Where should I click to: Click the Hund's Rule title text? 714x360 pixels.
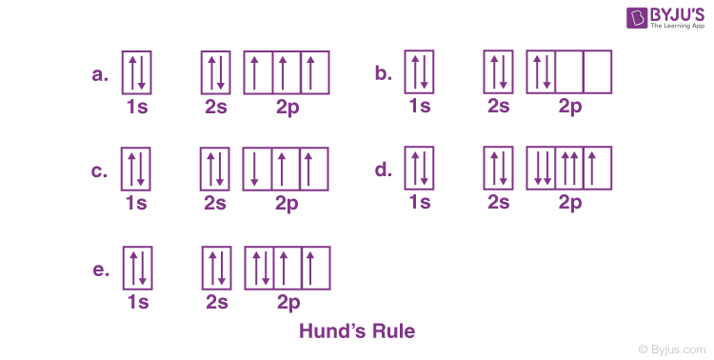coord(357,332)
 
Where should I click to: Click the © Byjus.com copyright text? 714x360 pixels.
coord(673,349)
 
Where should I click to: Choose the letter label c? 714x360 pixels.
coord(98,170)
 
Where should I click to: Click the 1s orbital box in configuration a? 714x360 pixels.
coord(135,72)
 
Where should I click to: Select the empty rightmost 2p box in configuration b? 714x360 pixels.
coord(597,72)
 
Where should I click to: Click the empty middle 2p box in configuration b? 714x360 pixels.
coord(569,72)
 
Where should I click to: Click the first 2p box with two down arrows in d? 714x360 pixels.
coord(541,170)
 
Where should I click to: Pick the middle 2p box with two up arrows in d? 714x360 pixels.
coord(569,170)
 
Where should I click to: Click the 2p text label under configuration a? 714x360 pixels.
coord(286,107)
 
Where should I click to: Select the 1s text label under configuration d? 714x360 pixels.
coord(419,202)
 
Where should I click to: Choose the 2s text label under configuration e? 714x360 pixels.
coord(217,303)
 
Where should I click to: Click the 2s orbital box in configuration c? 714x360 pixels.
coord(215,170)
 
